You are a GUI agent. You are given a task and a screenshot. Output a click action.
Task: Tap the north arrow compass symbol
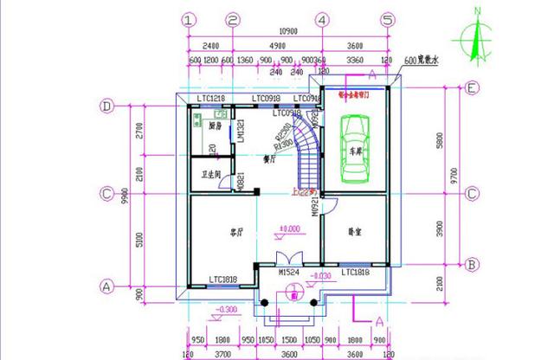(x=475, y=38)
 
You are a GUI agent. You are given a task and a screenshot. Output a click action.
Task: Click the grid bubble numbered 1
(x=189, y=19)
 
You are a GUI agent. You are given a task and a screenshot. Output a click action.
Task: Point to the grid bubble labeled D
(x=108, y=107)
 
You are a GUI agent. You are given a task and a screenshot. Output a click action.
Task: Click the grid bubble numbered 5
(x=388, y=19)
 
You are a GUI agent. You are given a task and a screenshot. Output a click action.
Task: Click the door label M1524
(x=289, y=272)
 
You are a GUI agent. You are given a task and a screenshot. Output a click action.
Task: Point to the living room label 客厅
(x=234, y=232)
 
